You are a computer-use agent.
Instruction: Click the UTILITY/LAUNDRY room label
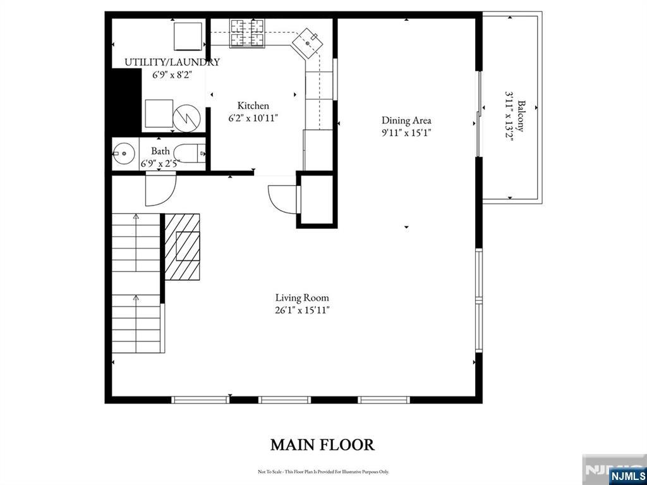pos(172,62)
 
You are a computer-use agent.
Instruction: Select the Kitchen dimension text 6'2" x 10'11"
pos(253,118)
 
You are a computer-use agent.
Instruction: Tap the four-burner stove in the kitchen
pos(247,33)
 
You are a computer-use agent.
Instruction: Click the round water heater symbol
pos(186,117)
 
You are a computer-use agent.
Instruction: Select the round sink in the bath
pos(124,154)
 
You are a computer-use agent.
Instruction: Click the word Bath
pos(160,151)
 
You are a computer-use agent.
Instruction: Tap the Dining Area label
pos(406,120)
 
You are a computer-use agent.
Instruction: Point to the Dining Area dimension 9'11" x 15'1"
pos(406,133)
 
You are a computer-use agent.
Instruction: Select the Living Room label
pos(301,297)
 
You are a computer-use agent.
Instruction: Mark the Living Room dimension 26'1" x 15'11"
pos(301,310)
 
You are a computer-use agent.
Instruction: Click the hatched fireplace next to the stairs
pos(182,247)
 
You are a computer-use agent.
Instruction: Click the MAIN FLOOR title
pos(322,445)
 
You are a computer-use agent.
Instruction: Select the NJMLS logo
pos(627,476)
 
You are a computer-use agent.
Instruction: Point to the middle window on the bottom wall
pos(284,400)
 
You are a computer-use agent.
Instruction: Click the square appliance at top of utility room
pos(188,35)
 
